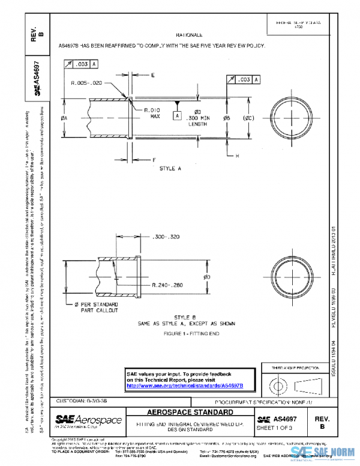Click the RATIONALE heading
(189, 36)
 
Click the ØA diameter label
(64, 119)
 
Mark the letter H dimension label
(236, 156)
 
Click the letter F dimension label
(154, 160)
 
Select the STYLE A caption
(170, 169)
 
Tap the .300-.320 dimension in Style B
(166, 237)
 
